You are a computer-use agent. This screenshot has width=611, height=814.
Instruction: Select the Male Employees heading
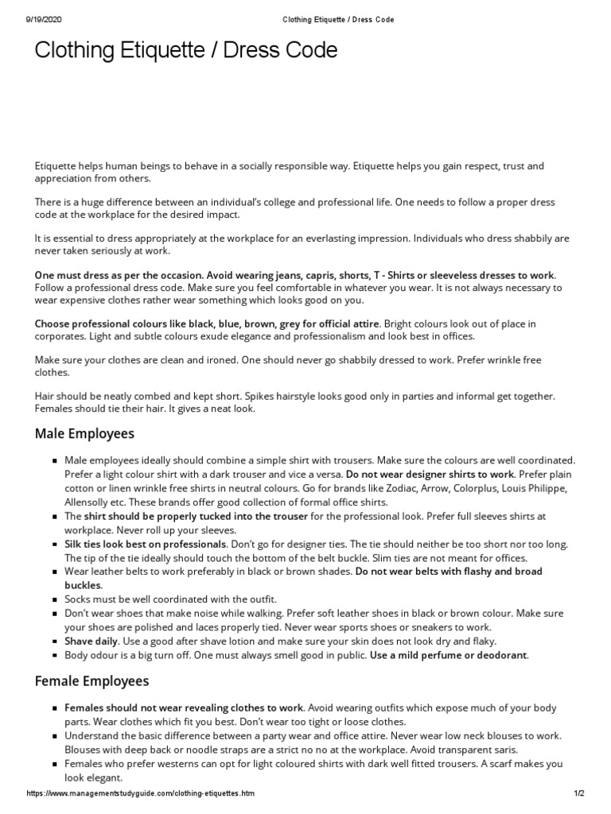click(x=84, y=433)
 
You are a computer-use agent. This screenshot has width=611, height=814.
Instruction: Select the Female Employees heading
click(x=91, y=681)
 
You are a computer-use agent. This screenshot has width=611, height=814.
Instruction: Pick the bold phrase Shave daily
click(x=91, y=640)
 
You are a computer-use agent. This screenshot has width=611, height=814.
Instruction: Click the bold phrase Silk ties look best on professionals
click(x=145, y=544)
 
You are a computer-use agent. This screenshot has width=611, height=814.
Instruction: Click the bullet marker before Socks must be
click(x=54, y=599)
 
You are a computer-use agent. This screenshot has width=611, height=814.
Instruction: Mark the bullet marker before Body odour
click(x=54, y=656)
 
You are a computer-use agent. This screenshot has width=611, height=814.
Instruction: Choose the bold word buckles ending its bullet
click(x=83, y=585)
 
